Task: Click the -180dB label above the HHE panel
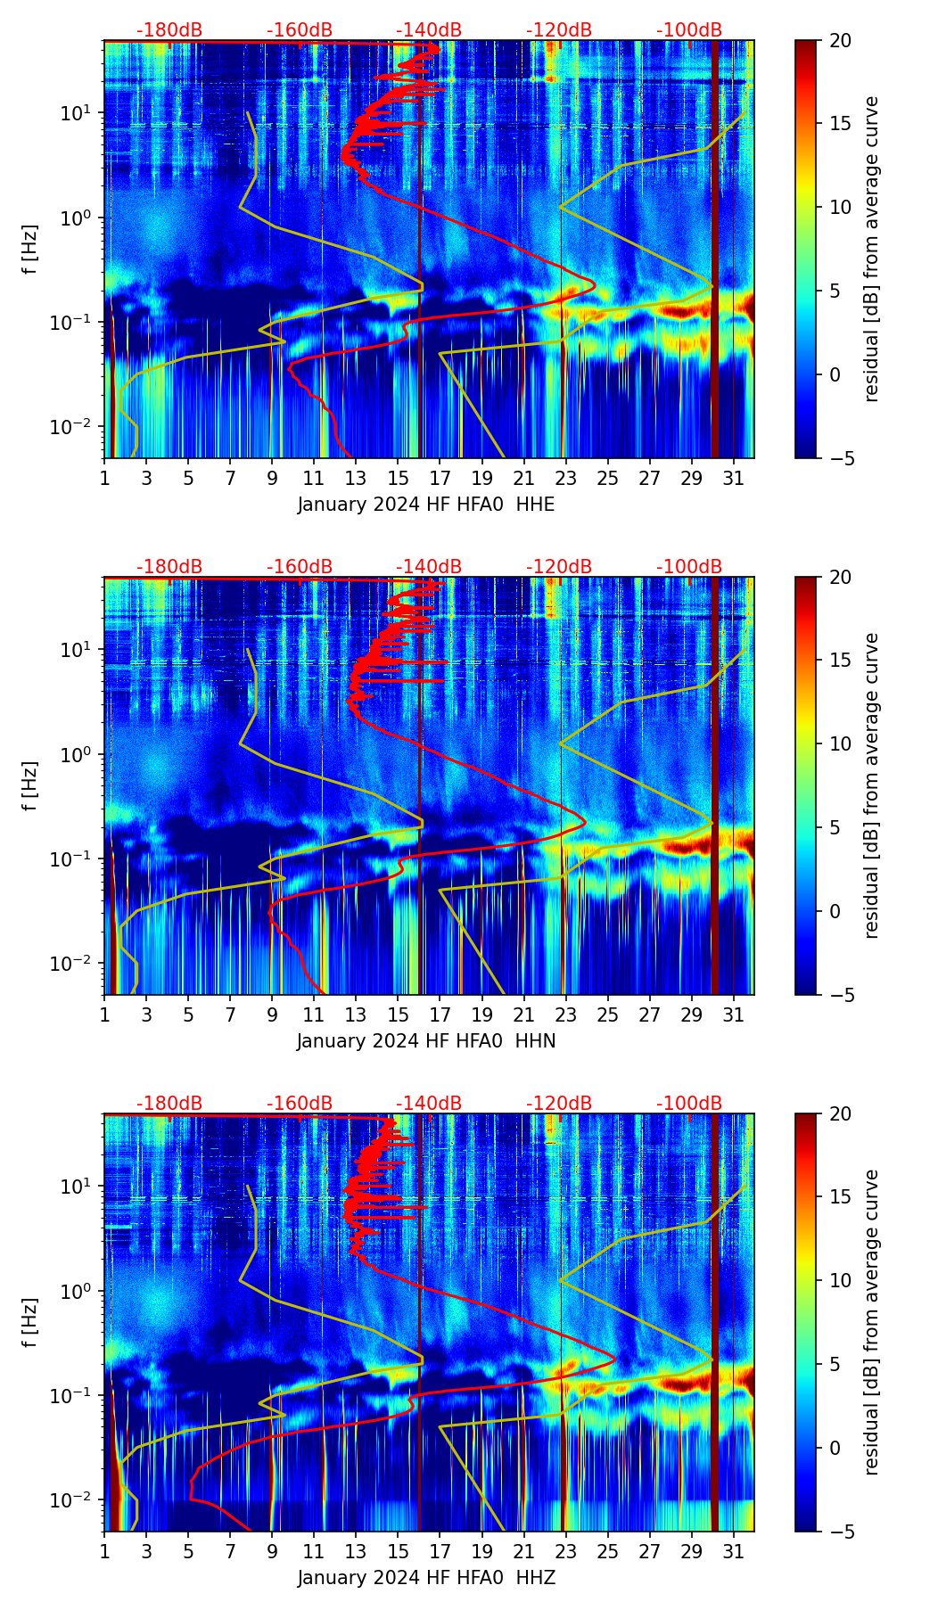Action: pos(169,30)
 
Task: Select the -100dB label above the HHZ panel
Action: pos(689,1104)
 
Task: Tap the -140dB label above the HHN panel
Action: pos(429,567)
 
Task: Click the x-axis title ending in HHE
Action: pos(426,505)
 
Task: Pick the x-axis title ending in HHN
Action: pos(426,1041)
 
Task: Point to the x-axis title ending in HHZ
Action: pos(426,1578)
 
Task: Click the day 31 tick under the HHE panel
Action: pos(734,478)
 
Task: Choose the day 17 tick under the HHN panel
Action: pos(440,1014)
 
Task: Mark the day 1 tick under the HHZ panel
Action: pos(105,1551)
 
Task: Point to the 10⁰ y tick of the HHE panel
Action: pos(74,218)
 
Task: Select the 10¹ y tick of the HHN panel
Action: pos(74,649)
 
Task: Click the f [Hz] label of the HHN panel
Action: pos(30,785)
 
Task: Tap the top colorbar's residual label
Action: pos(871,249)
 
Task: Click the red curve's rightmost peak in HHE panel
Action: pos(594,286)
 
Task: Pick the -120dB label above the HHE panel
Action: pos(559,30)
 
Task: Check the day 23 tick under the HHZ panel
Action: pos(566,1551)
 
